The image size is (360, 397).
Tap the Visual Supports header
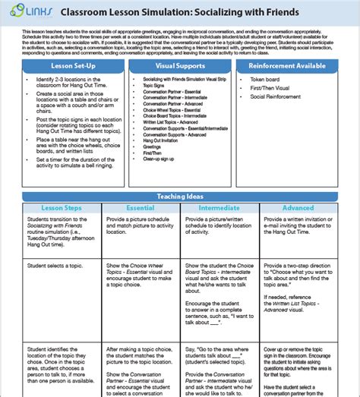coord(178,66)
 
